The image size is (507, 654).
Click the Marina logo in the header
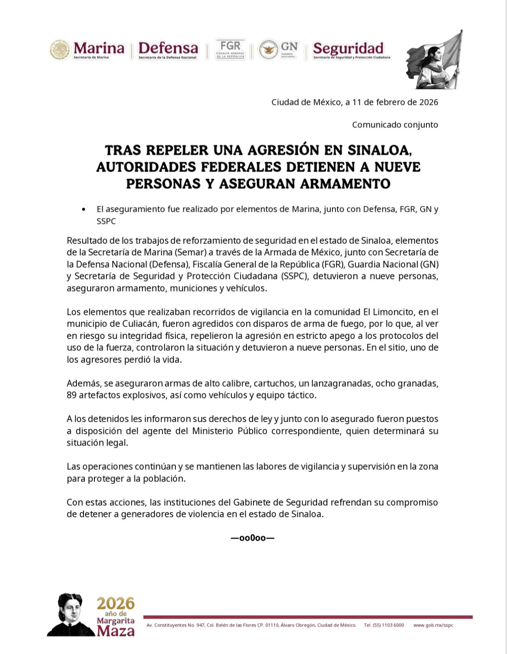pos(87,50)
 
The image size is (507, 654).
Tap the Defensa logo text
pos(168,50)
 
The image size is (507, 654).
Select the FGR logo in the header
pos(230,50)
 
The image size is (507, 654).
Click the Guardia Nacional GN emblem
pos(278,50)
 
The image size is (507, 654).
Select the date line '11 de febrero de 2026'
pos(395,102)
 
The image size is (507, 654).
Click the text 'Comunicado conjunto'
pos(395,125)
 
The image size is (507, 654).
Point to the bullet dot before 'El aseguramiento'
pos(84,209)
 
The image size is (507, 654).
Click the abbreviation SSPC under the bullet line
pos(106,221)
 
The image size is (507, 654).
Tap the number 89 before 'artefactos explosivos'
pos(71,395)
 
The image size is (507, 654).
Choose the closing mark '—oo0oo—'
pos(253,538)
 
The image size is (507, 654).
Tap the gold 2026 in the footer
pos(116,603)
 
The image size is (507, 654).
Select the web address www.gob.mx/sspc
pos(433,625)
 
